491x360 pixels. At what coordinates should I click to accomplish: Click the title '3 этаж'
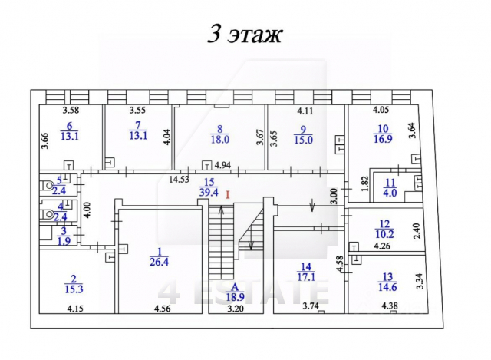(x=245, y=35)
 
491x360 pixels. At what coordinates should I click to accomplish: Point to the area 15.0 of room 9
(x=303, y=140)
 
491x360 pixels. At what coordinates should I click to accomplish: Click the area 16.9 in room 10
(x=382, y=139)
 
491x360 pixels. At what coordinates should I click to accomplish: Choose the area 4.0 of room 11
(x=390, y=193)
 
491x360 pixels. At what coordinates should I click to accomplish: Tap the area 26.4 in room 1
(x=160, y=262)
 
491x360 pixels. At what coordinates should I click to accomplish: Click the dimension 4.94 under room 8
(x=222, y=166)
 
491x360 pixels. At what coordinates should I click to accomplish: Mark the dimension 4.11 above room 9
(x=306, y=111)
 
